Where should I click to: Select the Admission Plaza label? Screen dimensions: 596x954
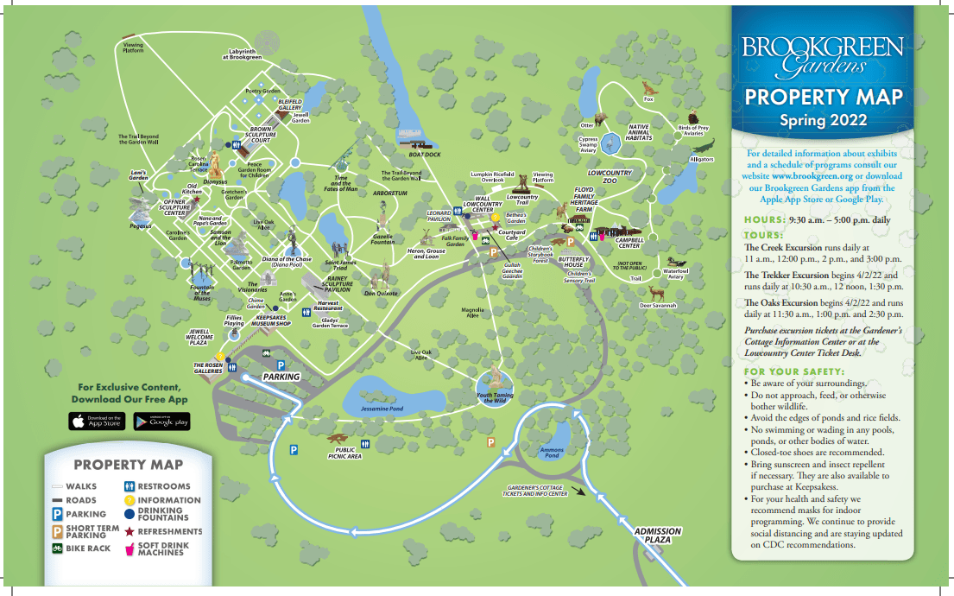[658, 536]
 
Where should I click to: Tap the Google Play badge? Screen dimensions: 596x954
[161, 422]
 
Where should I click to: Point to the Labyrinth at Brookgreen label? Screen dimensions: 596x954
[241, 54]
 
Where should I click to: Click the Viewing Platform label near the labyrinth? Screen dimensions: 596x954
[133, 48]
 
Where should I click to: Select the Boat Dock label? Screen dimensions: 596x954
[425, 155]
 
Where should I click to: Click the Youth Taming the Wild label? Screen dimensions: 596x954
[496, 397]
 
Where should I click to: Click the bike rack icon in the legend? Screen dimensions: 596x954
[57, 548]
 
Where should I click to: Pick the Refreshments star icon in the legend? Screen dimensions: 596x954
[129, 531]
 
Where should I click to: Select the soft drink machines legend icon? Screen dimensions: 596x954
[130, 548]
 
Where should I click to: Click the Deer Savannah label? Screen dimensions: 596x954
[658, 305]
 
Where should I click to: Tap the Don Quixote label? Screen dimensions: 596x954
[380, 294]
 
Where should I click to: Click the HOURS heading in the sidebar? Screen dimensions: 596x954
[764, 220]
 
